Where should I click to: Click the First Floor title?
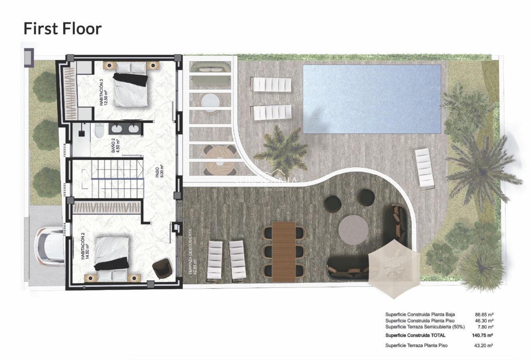pyautogui.click(x=62, y=29)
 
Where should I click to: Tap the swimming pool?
pyautogui.click(x=372, y=99)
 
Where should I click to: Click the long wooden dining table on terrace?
pyautogui.click(x=284, y=251)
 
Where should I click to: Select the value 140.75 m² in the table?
pyautogui.click(x=482, y=335)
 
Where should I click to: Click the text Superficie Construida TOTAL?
pyautogui.click(x=415, y=335)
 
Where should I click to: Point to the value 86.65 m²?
pyautogui.click(x=484, y=315)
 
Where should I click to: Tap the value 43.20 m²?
pyautogui.click(x=484, y=345)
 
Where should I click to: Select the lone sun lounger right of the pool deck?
pyautogui.click(x=424, y=168)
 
